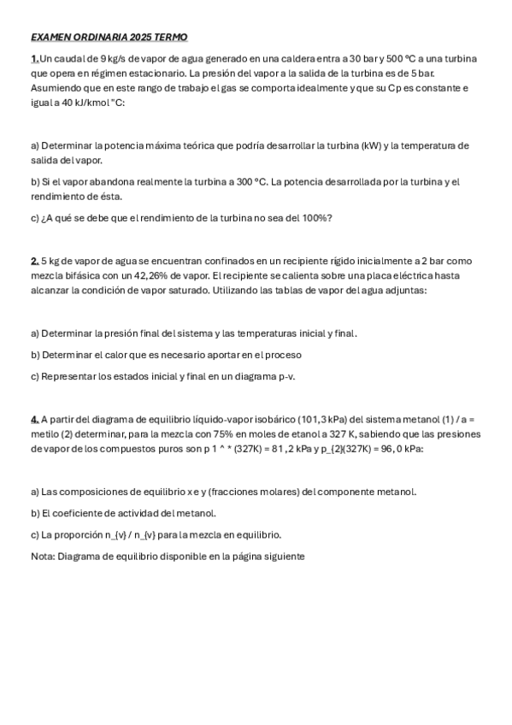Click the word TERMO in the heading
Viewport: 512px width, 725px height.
[x=170, y=38]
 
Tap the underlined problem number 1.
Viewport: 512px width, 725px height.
[x=34, y=58]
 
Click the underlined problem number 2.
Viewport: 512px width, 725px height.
[x=34, y=261]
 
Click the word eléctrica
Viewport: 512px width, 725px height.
[x=382, y=275]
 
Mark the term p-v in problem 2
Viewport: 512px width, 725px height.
[x=282, y=376]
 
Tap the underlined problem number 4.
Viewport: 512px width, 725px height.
[x=34, y=419]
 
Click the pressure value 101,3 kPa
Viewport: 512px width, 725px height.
[x=322, y=419]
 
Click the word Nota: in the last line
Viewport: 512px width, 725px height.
[x=43, y=557]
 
